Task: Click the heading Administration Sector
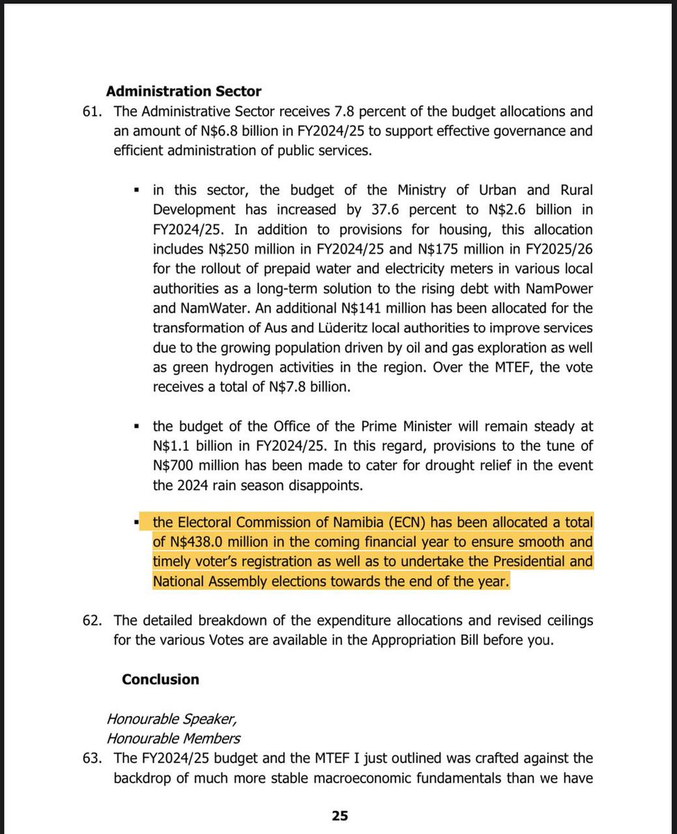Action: click(183, 91)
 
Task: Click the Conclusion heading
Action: click(160, 679)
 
